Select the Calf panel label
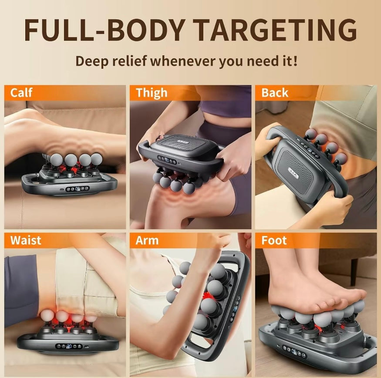coord(21,93)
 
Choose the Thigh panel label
coord(151,93)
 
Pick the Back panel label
coord(275,93)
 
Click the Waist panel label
coord(26,240)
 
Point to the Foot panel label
coord(274,240)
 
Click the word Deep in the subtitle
coord(91,61)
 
